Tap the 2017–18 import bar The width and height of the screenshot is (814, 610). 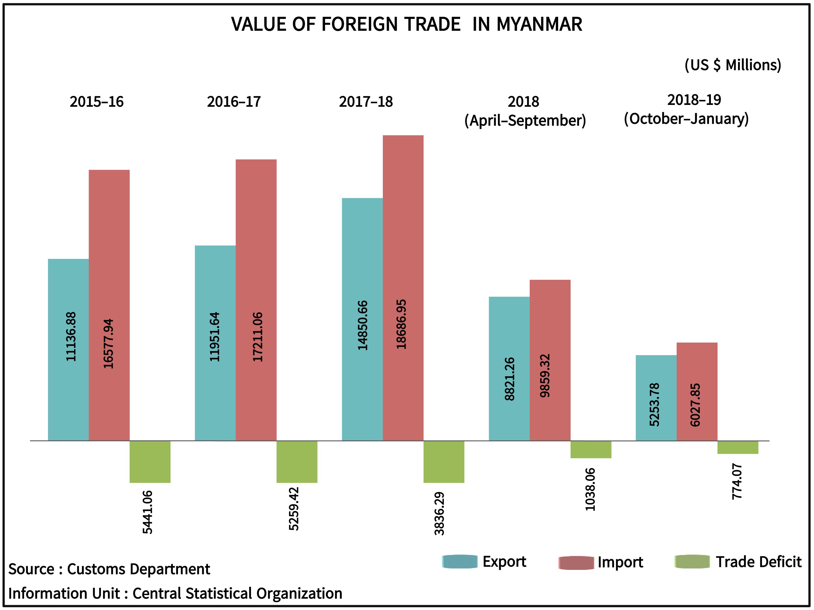click(403, 221)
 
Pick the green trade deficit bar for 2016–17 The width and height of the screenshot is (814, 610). click(297, 461)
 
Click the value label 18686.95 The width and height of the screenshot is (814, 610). click(401, 324)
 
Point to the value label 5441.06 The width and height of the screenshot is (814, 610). click(148, 512)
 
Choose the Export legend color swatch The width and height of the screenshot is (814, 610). click(460, 561)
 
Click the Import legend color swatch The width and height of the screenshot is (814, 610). click(576, 563)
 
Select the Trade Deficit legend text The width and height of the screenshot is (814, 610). click(758, 562)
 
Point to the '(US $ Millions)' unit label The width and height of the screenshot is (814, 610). click(732, 65)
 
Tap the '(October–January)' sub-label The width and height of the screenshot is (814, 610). click(686, 119)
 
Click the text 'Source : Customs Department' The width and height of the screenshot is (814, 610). click(109, 569)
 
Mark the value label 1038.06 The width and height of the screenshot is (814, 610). click(590, 489)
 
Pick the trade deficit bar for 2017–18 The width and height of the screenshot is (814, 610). click(444, 461)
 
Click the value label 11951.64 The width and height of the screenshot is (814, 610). click(215, 337)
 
